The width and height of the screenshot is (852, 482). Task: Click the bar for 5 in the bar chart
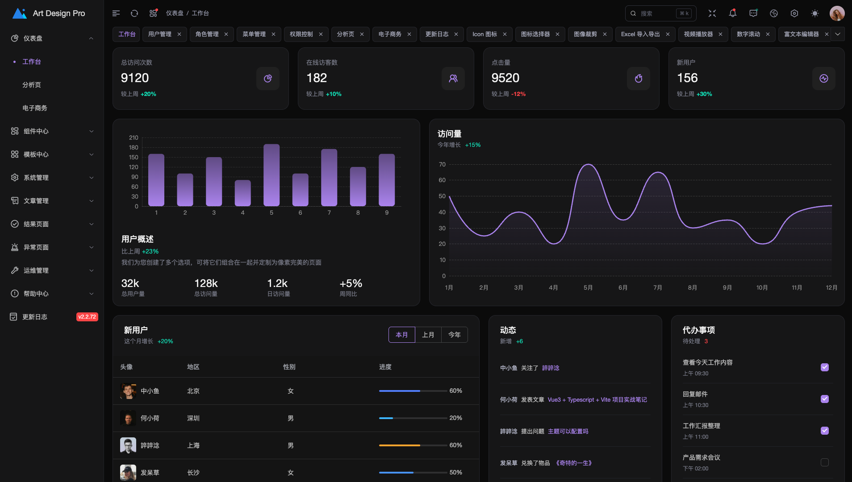tap(271, 175)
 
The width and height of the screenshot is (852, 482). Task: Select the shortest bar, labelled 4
tap(242, 193)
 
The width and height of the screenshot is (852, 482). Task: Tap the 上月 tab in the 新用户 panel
tap(428, 335)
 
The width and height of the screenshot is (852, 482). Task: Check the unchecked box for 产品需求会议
tap(824, 462)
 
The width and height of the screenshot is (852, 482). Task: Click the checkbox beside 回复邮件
tap(824, 399)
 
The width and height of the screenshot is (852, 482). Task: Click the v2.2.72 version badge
tap(87, 317)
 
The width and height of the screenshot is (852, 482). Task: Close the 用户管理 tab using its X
tap(179, 34)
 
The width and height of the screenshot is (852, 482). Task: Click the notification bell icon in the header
tap(732, 13)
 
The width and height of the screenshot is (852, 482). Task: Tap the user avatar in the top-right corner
tap(837, 13)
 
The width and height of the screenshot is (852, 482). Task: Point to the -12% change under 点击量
tap(518, 94)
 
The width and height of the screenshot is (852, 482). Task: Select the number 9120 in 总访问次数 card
tap(135, 78)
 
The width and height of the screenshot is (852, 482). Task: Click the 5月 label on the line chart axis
tap(588, 288)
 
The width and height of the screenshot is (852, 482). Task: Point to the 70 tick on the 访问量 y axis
tap(442, 165)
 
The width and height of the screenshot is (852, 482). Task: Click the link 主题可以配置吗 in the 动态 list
tap(568, 432)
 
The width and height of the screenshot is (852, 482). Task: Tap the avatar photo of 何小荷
tap(128, 418)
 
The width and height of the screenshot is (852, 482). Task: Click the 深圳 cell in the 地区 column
tap(193, 418)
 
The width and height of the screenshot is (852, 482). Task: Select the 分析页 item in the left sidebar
tap(32, 85)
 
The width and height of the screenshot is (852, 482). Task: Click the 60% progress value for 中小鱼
tap(455, 391)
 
